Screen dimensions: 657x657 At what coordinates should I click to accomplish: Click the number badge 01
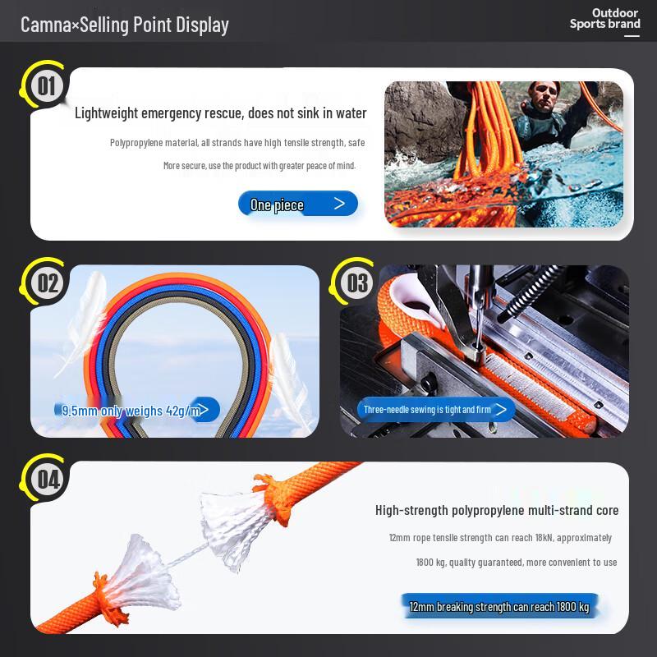click(x=46, y=85)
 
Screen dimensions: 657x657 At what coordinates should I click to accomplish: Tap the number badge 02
click(x=48, y=283)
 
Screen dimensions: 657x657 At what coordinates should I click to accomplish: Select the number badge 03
click(x=357, y=283)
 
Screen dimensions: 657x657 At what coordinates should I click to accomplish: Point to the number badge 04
click(x=48, y=480)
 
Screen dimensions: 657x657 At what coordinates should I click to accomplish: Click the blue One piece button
click(x=297, y=204)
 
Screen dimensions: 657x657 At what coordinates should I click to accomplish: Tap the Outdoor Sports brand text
click(x=605, y=18)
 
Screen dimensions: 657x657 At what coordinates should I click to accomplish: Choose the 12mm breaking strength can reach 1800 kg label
click(x=498, y=607)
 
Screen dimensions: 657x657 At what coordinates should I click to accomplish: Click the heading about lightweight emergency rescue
click(x=220, y=113)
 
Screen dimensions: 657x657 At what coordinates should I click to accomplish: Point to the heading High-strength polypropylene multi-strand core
click(x=496, y=510)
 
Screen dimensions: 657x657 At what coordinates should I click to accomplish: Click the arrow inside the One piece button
click(x=339, y=204)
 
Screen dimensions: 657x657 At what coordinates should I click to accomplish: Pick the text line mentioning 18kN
click(x=499, y=537)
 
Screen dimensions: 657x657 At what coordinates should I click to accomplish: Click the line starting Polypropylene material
click(x=237, y=142)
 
